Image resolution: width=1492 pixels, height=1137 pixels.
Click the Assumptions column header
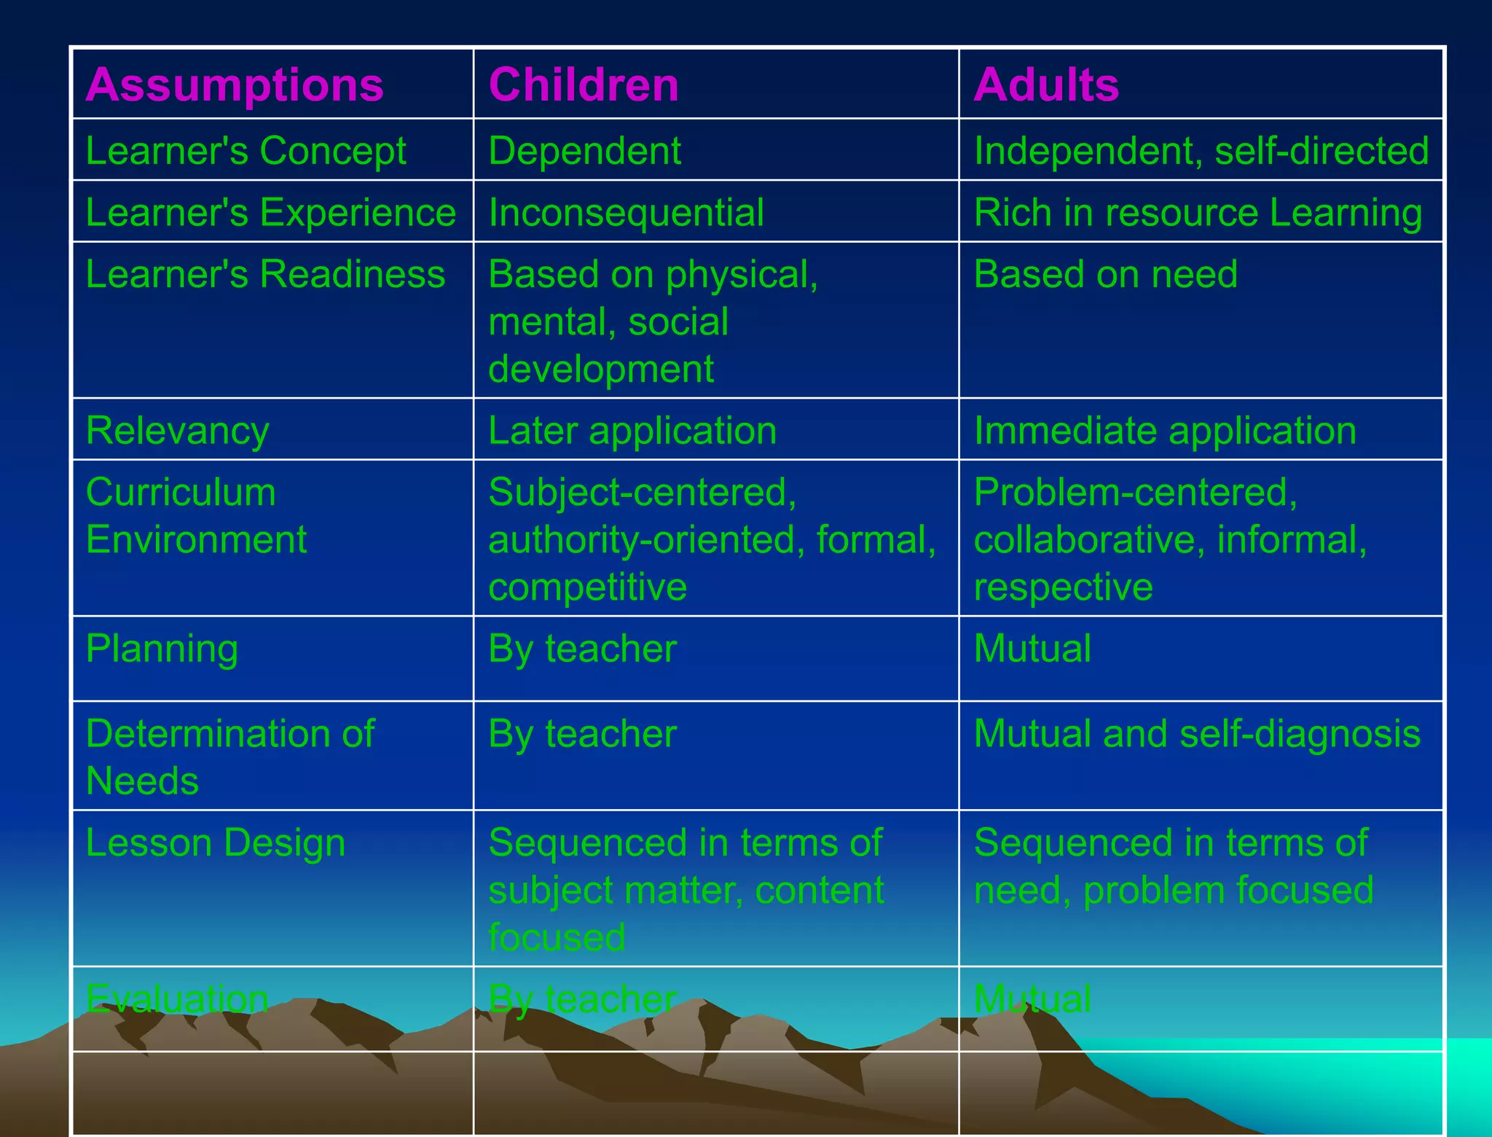(235, 85)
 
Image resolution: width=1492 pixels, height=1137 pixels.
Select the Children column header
(584, 85)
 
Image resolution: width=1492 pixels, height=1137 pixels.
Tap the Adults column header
(1046, 85)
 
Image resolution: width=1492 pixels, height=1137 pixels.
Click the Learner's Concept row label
(246, 151)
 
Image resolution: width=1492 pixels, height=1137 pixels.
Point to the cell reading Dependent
(584, 151)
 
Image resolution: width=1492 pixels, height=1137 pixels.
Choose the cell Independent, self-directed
(1201, 151)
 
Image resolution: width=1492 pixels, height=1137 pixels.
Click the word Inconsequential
(626, 213)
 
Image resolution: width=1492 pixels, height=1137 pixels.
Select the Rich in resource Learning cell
(1198, 213)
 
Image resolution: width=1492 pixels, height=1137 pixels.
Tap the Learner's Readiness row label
(265, 274)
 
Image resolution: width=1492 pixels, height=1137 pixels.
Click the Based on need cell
(1105, 274)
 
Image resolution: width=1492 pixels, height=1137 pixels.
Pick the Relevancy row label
(177, 431)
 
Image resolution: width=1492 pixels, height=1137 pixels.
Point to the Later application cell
(632, 431)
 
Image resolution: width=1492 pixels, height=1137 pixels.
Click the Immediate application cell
(1165, 431)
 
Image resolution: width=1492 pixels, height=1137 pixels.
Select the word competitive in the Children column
(587, 587)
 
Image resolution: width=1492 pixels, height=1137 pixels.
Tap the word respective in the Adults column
(1063, 587)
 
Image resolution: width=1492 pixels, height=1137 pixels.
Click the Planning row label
(162, 649)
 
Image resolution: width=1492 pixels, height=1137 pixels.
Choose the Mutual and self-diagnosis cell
(1196, 733)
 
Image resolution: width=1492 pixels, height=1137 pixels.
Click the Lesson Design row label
(215, 843)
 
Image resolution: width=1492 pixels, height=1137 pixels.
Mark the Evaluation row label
(177, 999)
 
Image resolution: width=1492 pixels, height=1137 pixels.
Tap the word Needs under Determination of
(142, 781)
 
